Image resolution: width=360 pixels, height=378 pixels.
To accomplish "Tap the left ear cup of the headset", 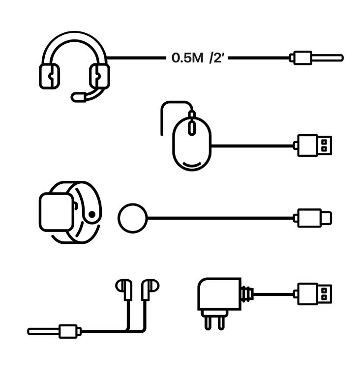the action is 49,77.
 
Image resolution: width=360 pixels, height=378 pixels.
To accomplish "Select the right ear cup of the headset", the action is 99,76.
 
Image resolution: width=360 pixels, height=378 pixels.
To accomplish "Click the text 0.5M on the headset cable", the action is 187,58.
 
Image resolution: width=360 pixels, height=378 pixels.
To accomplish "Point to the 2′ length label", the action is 216,58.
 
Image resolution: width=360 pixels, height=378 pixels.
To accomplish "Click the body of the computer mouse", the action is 191,147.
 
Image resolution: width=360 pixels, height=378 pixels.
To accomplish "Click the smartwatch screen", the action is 57,211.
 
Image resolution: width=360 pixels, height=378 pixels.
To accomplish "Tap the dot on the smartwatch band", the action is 91,214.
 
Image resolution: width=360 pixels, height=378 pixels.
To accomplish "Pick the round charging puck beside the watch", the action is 132,217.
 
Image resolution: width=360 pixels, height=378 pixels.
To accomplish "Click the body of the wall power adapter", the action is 219,294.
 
